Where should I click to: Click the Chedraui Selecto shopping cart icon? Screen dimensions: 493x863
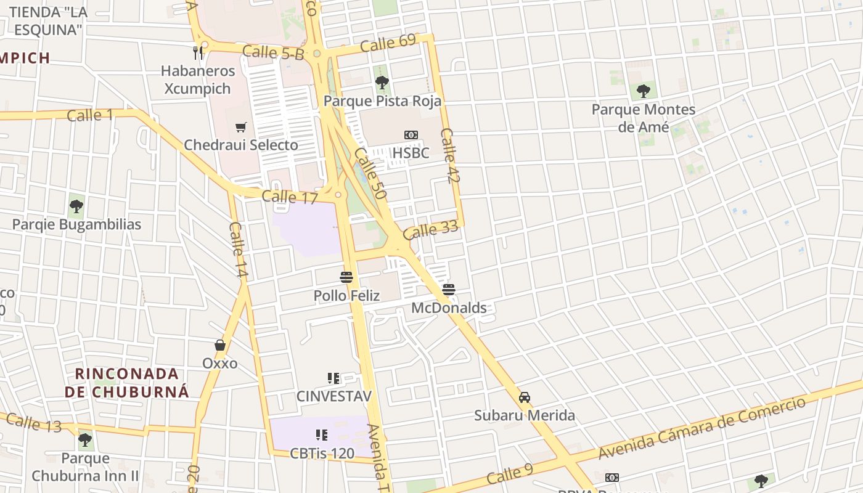(x=240, y=128)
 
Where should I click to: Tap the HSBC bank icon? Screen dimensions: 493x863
(x=411, y=135)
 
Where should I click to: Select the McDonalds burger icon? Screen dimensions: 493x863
(x=449, y=290)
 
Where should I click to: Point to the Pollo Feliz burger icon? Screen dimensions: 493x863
(x=346, y=277)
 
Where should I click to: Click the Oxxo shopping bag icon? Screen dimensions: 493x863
(x=220, y=345)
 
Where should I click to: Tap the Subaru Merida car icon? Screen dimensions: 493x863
(x=525, y=397)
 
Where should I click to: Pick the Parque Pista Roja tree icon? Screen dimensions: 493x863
(x=382, y=82)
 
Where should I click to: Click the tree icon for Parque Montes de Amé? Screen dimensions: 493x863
(x=643, y=91)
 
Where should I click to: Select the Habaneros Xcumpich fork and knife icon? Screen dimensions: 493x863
(x=198, y=52)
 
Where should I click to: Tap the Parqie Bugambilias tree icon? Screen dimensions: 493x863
(x=76, y=206)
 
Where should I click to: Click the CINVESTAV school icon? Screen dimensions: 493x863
(x=333, y=378)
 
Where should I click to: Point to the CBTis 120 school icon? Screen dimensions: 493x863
(x=321, y=435)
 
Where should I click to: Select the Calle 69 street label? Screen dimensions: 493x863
(x=388, y=44)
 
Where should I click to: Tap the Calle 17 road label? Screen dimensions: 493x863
(x=290, y=197)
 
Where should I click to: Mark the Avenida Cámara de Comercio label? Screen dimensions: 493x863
(x=702, y=429)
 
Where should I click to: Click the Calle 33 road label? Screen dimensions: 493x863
(x=431, y=230)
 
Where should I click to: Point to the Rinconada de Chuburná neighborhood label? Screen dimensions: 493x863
(x=127, y=382)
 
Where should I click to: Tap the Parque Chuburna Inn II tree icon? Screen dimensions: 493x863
(x=85, y=441)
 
